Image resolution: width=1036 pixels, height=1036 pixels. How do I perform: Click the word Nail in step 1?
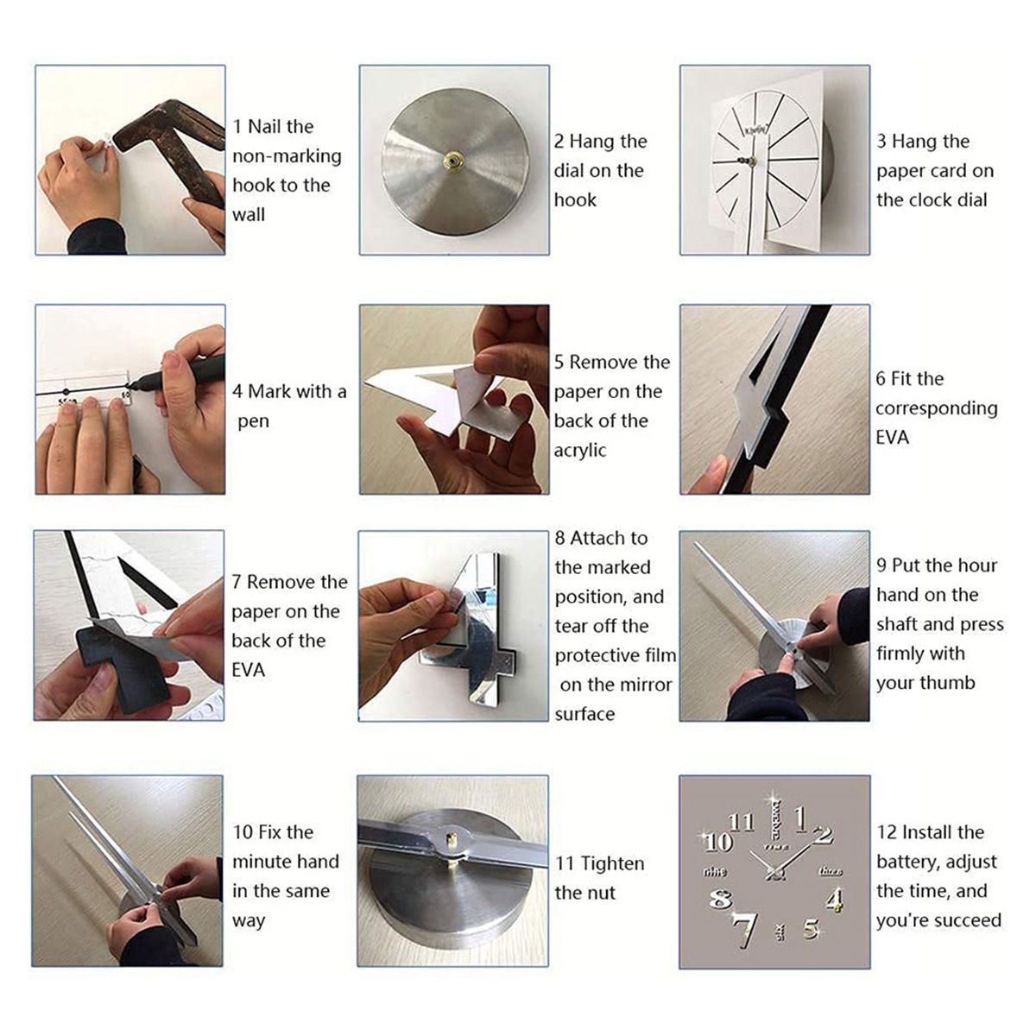(x=262, y=127)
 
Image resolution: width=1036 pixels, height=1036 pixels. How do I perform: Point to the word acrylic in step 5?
(x=580, y=450)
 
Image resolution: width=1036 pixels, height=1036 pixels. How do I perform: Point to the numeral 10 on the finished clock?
(x=717, y=842)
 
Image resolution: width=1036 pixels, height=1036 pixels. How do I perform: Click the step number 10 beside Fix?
(x=243, y=832)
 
